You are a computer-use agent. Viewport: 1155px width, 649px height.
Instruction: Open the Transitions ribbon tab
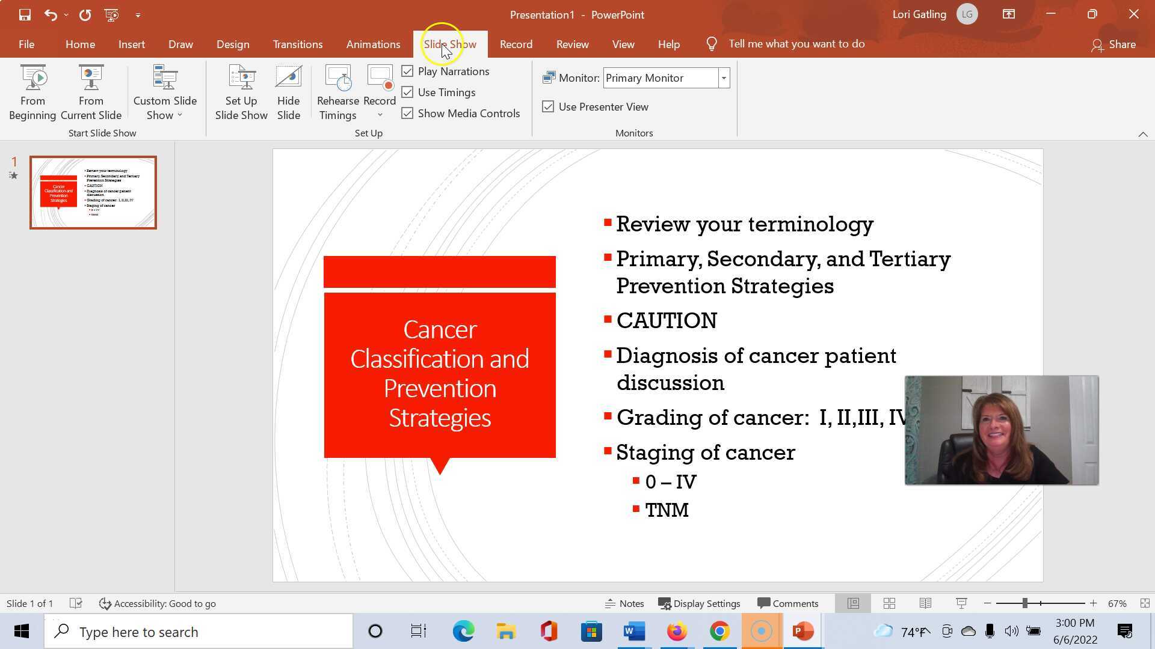click(x=297, y=44)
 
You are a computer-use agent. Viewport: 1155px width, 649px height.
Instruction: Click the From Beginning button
click(x=32, y=93)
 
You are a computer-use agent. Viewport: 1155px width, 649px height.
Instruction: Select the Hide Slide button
click(x=288, y=93)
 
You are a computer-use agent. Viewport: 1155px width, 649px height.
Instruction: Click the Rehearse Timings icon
click(x=337, y=79)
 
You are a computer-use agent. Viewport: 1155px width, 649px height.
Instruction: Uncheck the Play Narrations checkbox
click(x=408, y=72)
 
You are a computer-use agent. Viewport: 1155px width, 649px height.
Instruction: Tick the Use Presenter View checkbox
click(x=548, y=107)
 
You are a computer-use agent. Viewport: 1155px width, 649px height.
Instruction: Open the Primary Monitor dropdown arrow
click(x=724, y=78)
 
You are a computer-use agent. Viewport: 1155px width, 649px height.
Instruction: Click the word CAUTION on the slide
click(x=666, y=321)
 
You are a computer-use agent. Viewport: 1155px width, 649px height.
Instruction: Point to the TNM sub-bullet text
click(x=667, y=510)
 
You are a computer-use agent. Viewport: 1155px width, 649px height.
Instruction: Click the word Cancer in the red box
click(x=440, y=330)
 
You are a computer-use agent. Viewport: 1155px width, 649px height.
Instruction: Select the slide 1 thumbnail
click(x=93, y=192)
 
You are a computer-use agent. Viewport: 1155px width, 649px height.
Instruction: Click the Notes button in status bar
click(x=624, y=603)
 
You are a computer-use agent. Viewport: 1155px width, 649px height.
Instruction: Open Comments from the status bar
click(x=788, y=603)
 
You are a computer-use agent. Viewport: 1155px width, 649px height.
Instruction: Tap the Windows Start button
click(x=22, y=632)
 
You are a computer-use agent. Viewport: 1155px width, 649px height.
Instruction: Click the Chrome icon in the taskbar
click(x=719, y=632)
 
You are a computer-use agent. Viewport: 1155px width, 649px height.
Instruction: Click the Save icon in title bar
click(x=25, y=14)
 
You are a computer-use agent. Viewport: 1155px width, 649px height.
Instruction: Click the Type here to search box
click(x=199, y=632)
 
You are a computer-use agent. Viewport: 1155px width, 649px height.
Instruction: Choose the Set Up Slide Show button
click(x=241, y=93)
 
